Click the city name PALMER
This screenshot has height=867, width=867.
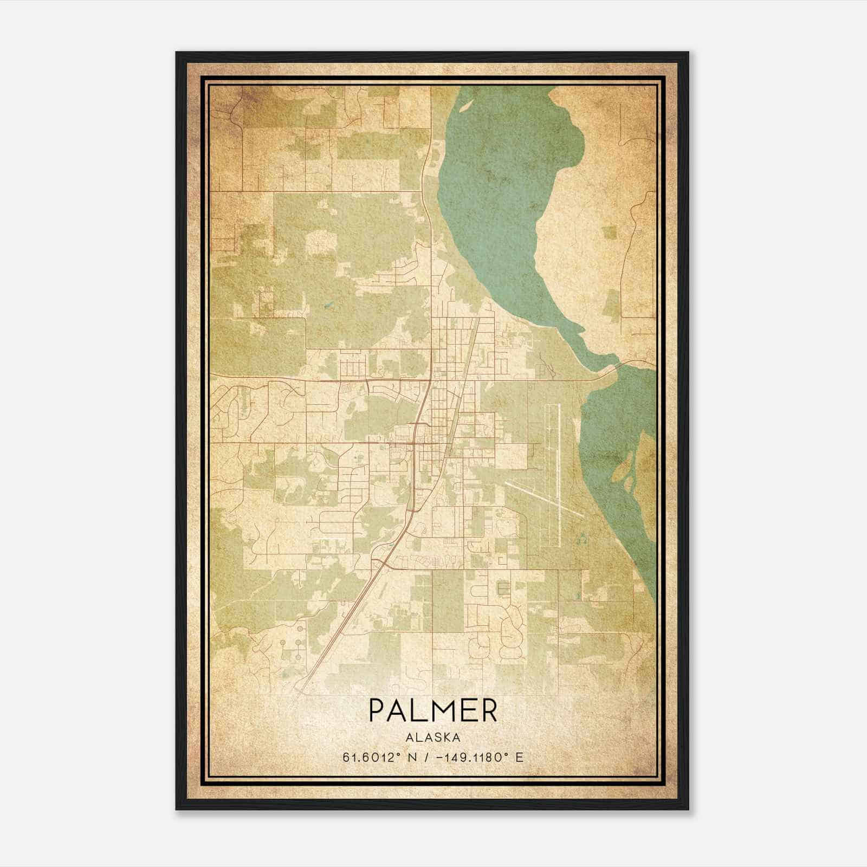(x=433, y=711)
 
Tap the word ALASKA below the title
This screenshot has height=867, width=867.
(x=433, y=737)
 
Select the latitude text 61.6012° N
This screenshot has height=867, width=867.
(x=379, y=757)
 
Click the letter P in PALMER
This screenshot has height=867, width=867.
(x=377, y=711)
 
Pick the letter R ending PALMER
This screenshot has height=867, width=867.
(x=489, y=711)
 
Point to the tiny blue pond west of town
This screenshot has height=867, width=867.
(x=327, y=306)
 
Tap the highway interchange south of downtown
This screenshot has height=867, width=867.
(x=384, y=564)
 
